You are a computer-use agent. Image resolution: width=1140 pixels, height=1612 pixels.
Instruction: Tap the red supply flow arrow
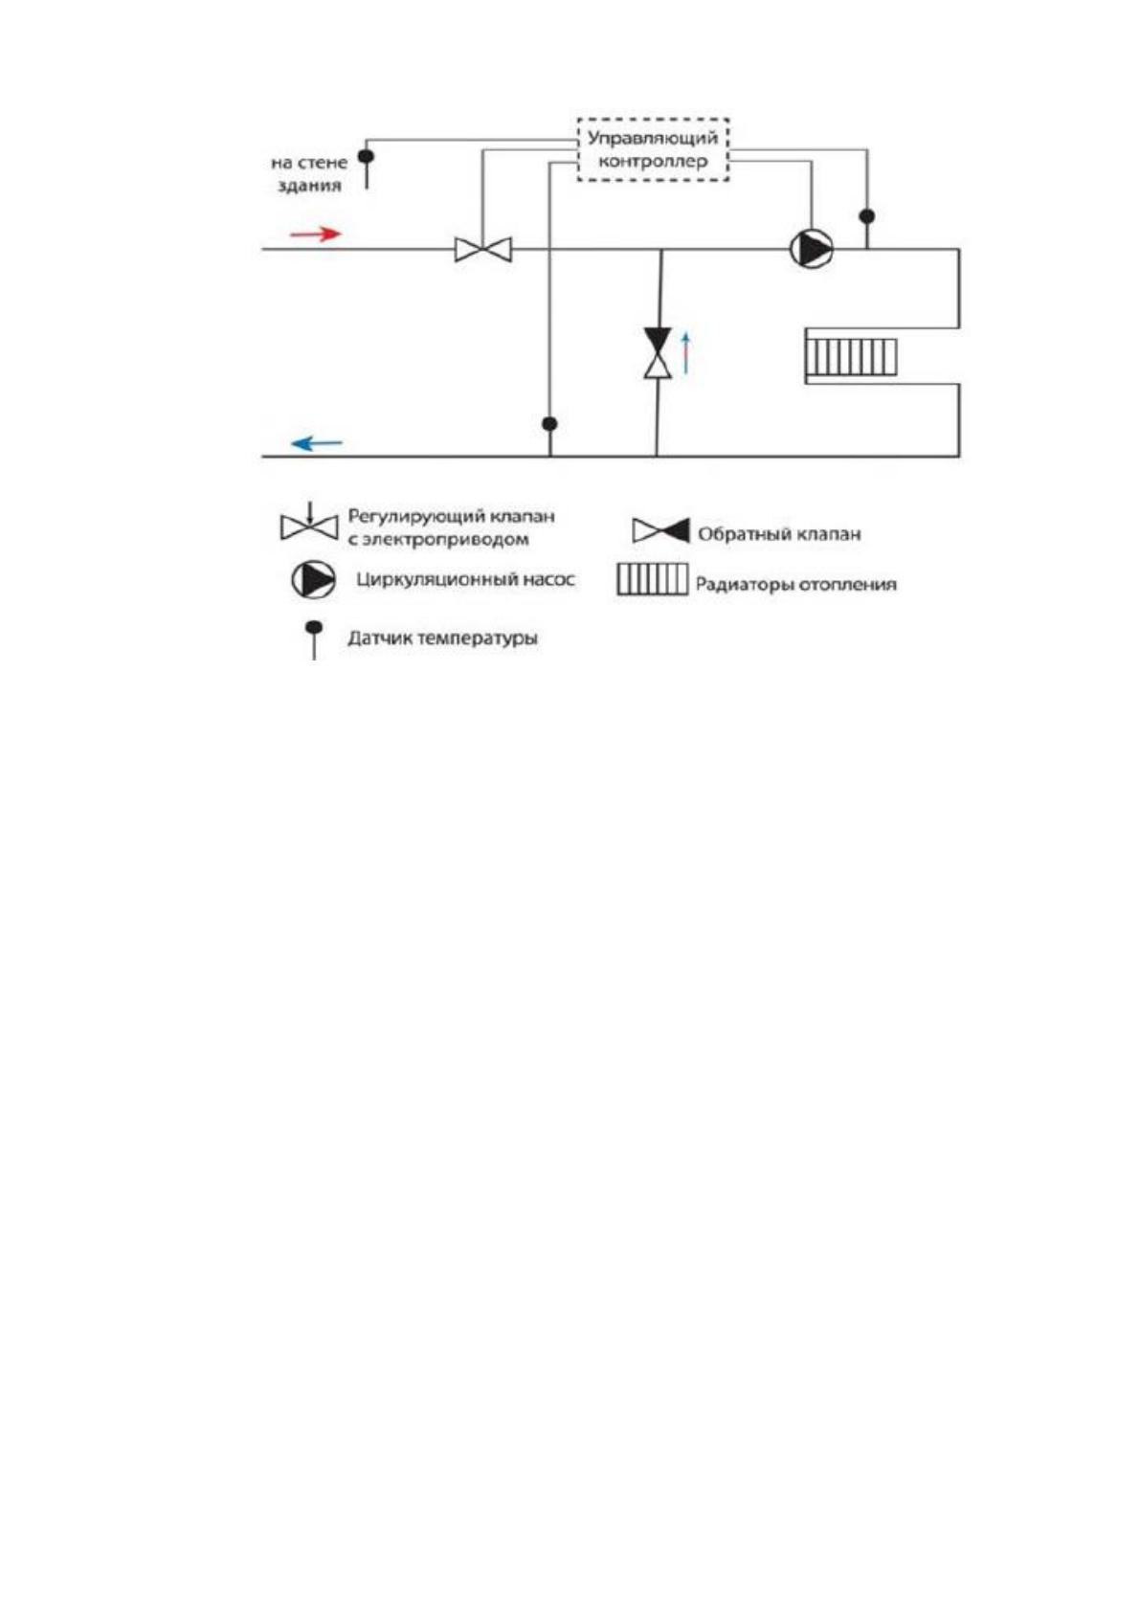pos(315,234)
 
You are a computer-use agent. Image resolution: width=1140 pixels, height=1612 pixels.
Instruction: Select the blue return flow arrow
pos(317,443)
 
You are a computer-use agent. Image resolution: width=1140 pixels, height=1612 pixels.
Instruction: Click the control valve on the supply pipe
pos(483,250)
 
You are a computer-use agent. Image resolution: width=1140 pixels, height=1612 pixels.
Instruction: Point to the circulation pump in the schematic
pos(812,249)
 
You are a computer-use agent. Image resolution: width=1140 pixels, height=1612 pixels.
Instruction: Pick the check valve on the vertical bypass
pos(658,352)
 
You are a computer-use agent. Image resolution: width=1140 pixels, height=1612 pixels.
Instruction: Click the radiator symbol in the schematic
pos(851,357)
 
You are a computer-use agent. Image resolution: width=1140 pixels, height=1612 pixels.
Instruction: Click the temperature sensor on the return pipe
pos(549,436)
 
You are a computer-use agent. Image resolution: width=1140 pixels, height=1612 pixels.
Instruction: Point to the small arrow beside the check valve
pos(686,352)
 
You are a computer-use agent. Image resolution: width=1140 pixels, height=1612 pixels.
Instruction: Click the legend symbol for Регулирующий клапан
pos(309,523)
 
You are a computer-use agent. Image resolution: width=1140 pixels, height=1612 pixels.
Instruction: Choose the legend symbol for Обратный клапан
pos(660,531)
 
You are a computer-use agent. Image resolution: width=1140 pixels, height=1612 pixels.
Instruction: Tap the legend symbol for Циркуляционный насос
pos(313,579)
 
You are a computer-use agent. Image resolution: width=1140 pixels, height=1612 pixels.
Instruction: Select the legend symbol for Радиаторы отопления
pos(652,579)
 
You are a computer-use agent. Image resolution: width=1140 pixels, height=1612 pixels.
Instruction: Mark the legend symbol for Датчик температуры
pos(314,639)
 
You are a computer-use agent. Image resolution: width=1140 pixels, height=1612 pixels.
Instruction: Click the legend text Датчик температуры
pos(442,638)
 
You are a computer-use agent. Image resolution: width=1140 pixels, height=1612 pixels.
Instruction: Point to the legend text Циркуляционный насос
pos(465,579)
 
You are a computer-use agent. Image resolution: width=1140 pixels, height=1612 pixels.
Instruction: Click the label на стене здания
pos(309,174)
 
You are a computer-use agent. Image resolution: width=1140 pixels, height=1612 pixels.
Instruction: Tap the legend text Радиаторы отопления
pos(796,584)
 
